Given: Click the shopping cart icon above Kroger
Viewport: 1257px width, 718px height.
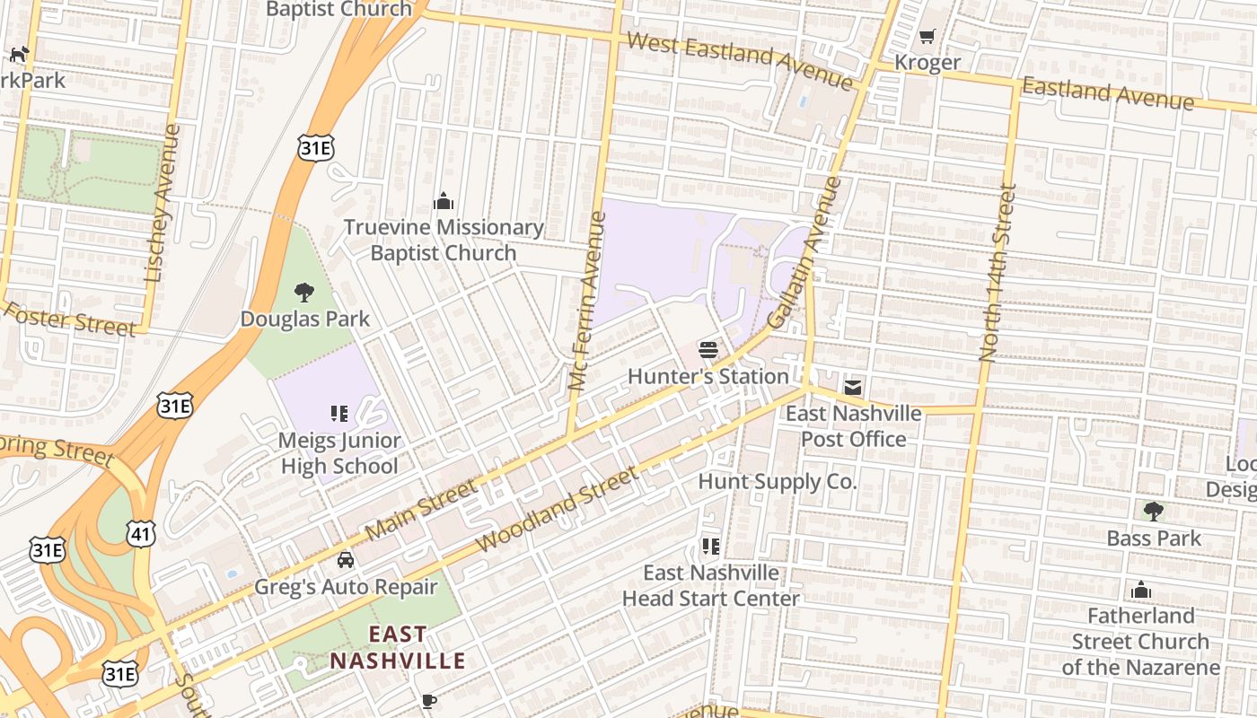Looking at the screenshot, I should pyautogui.click(x=927, y=37).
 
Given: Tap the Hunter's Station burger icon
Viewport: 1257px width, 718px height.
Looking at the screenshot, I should pyautogui.click(x=708, y=349).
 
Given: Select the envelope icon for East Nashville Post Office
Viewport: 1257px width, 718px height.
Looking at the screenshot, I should pyautogui.click(x=852, y=387).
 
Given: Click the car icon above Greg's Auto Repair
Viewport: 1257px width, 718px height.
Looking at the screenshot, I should pyautogui.click(x=345, y=560).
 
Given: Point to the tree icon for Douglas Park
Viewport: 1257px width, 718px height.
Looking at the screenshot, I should pyautogui.click(x=304, y=292).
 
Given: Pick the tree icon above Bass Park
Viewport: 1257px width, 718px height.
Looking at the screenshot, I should pyautogui.click(x=1153, y=512).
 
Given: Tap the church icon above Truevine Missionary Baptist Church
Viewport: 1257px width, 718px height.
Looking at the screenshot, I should pyautogui.click(x=443, y=201).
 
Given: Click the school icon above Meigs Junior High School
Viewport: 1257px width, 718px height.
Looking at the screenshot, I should pyautogui.click(x=338, y=414).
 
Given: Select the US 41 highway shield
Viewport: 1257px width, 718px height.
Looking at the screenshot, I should pyautogui.click(x=141, y=533).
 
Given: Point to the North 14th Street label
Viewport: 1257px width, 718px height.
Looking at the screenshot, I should pyautogui.click(x=998, y=273).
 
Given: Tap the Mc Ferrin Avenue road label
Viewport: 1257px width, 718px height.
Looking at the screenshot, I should pyautogui.click(x=585, y=301).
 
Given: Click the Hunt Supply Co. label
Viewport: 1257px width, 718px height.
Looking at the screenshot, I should pyautogui.click(x=777, y=482).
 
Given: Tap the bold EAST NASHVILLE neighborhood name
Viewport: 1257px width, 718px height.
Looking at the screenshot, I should pyautogui.click(x=398, y=648).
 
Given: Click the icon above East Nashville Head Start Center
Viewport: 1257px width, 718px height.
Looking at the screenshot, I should pyautogui.click(x=710, y=546).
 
